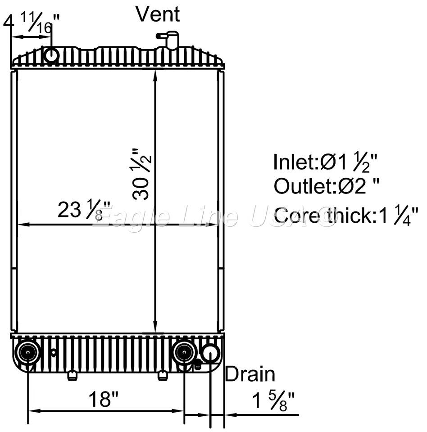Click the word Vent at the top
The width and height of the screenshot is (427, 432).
158,14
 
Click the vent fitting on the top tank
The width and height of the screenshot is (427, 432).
170,40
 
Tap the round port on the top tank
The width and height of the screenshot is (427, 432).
51,55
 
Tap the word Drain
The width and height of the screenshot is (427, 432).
250,374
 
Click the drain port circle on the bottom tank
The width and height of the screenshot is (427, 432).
210,353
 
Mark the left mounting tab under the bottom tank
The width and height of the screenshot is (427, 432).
72,375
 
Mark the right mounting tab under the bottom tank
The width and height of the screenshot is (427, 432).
163,375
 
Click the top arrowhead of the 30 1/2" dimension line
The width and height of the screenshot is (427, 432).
155,75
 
